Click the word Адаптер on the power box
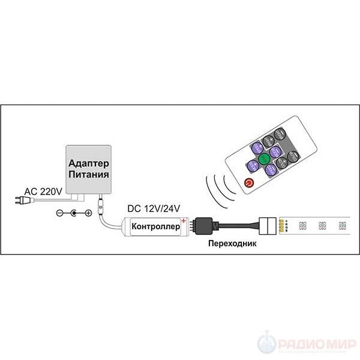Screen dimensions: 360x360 pyautogui.click(x=88, y=164)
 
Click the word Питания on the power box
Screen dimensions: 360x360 pyautogui.click(x=88, y=175)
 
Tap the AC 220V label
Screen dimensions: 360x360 pyautogui.click(x=43, y=192)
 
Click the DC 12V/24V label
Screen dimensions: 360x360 pyautogui.click(x=154, y=209)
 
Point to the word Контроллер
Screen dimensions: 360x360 pyautogui.click(x=155, y=227)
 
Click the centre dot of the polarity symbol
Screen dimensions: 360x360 pyautogui.click(x=74, y=213)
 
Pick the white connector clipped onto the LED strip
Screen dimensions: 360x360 pyautogui.click(x=270, y=226)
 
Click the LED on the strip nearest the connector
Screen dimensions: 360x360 pyautogui.click(x=302, y=226)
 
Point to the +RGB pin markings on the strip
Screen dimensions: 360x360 pyautogui.click(x=287, y=226)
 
